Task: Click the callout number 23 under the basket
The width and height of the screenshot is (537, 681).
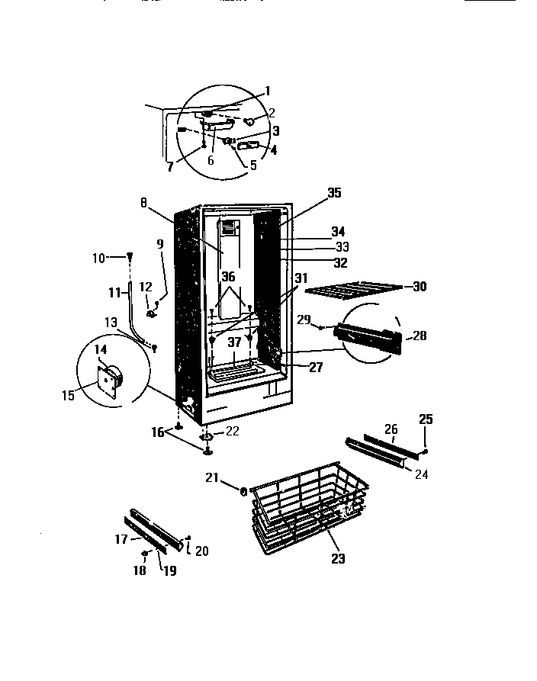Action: [338, 559]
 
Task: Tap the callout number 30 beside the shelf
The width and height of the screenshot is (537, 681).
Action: [420, 287]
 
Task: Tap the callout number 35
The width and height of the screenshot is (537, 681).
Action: [333, 194]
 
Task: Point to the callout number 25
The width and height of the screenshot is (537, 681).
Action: [426, 419]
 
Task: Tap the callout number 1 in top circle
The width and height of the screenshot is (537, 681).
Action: [267, 90]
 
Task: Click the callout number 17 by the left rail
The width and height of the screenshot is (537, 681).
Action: [120, 538]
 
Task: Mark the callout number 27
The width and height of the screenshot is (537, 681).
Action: [316, 367]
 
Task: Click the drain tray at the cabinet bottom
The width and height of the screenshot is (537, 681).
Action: [236, 374]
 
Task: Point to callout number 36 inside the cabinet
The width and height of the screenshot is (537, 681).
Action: [229, 278]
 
